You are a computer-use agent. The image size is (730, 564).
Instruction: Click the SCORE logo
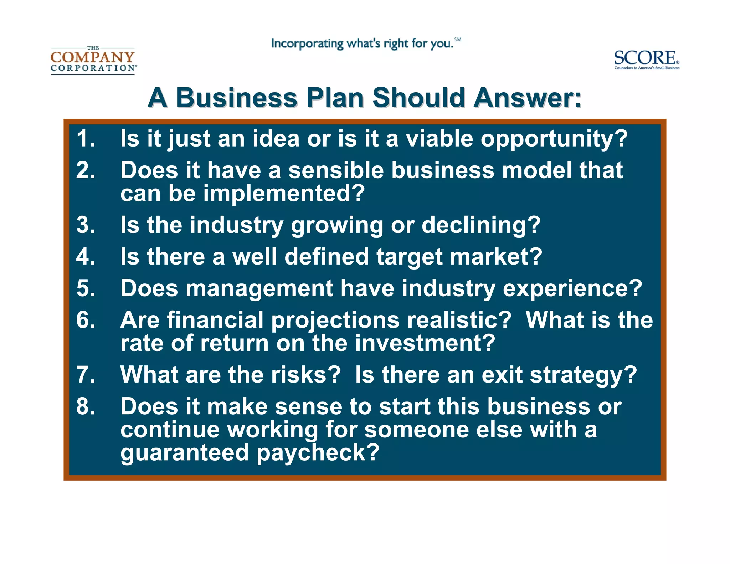tap(646, 60)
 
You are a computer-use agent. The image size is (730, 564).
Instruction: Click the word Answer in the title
tap(527, 98)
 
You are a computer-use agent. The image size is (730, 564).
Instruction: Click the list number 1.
tap(86, 138)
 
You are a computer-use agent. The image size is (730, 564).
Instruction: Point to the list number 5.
tap(86, 288)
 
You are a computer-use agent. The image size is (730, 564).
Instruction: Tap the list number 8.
tap(86, 406)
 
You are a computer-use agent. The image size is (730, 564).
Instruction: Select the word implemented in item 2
tap(284, 194)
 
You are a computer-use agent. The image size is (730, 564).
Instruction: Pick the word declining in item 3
tap(481, 225)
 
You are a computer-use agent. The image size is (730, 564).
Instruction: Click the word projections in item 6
tap(335, 320)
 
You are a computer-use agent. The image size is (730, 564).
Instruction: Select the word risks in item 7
tap(306, 375)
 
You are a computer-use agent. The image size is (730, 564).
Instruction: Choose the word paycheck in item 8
tap(318, 453)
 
